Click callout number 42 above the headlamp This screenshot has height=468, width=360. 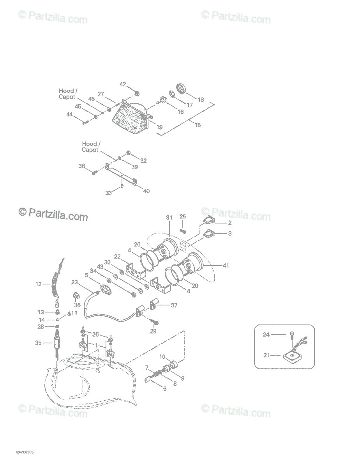pos(123,84)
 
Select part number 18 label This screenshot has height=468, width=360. pos(201,99)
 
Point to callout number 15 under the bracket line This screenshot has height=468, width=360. pos(198,125)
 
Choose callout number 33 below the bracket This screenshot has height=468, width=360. pos(109,193)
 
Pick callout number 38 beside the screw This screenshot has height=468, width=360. pos(81,166)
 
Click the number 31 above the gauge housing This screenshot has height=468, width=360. pos(169,218)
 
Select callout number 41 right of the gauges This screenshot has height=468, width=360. pos(226,266)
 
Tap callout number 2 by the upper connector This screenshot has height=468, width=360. pos(230,223)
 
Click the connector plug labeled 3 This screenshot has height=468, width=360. pos(208,234)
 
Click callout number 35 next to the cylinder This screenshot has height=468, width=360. pos(38,343)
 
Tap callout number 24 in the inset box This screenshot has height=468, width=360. pos(266,334)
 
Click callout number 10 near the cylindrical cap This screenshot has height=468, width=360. pos(162,357)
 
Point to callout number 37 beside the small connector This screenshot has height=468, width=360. pos(174,305)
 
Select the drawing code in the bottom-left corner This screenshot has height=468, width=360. pos(25,452)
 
